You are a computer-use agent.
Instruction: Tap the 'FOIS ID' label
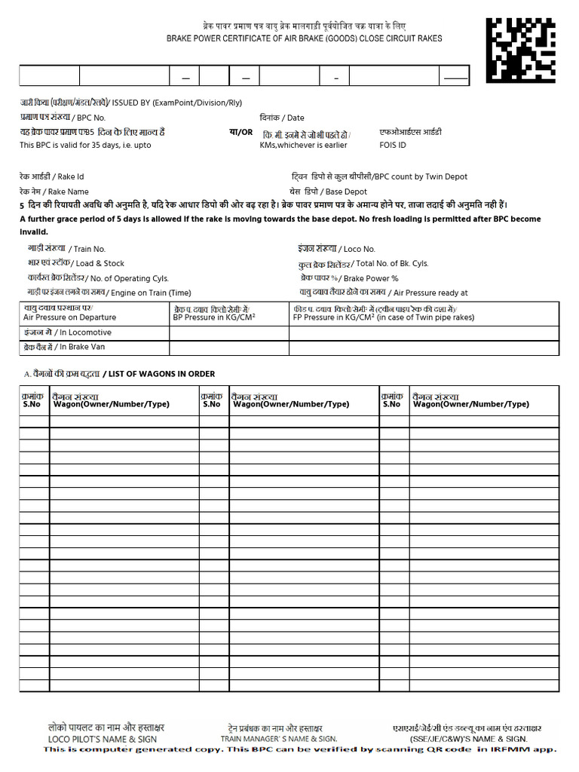[393, 145]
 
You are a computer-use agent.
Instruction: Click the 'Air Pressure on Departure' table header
[70, 317]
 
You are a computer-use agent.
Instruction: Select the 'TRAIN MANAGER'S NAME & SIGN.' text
[279, 739]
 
